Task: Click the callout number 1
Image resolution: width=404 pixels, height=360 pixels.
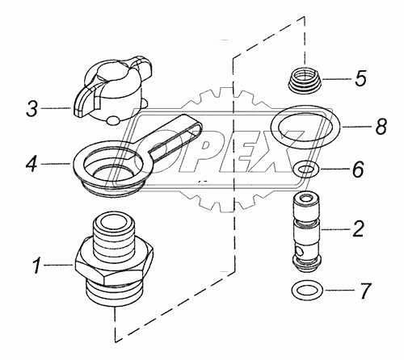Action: [x=37, y=266]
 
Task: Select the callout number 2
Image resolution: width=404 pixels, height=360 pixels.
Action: [x=357, y=229]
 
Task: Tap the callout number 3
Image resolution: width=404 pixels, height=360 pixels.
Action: [x=32, y=108]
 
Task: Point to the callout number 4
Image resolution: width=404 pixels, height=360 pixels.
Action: [x=32, y=164]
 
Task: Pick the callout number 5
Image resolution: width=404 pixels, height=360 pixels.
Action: [x=360, y=78]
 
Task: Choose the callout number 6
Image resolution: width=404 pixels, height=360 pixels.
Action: [x=358, y=170]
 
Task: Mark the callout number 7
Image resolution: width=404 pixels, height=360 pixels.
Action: [x=365, y=291]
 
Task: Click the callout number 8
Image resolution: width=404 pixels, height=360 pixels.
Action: [x=381, y=126]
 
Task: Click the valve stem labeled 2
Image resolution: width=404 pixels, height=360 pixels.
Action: [x=307, y=232]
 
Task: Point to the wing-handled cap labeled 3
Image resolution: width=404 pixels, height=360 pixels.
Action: [x=112, y=90]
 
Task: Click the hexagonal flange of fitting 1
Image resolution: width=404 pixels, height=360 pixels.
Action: [x=115, y=265]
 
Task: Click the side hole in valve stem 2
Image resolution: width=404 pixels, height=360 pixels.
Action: [x=298, y=252]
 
